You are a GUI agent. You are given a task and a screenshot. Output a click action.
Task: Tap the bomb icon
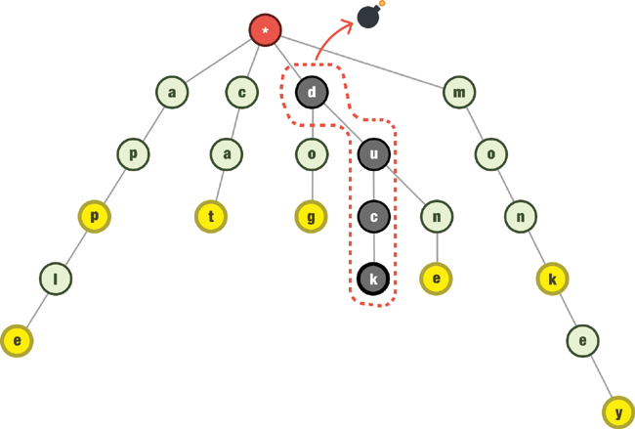(x=369, y=17)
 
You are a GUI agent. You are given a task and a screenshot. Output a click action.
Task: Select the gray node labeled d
(x=312, y=93)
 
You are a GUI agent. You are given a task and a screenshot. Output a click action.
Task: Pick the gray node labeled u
(x=373, y=153)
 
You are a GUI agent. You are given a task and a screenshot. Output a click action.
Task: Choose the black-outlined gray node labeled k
(x=373, y=279)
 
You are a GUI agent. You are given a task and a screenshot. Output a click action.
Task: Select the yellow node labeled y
(x=616, y=412)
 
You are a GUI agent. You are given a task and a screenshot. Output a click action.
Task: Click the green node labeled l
(x=56, y=279)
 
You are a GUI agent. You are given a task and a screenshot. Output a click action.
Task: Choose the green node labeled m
(x=458, y=93)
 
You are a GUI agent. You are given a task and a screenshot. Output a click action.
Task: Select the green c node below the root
(x=241, y=93)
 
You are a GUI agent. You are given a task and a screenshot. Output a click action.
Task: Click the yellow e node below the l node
(x=17, y=341)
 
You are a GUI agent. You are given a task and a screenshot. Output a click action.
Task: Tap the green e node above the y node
(x=583, y=341)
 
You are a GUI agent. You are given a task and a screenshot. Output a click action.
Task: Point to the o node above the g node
(x=312, y=153)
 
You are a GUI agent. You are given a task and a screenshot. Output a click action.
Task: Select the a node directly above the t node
(x=227, y=153)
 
